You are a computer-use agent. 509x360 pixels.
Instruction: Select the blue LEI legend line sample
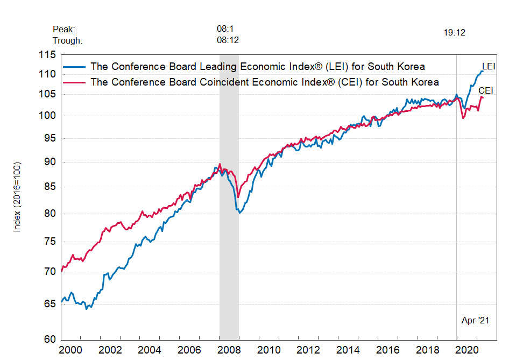[x=75, y=67]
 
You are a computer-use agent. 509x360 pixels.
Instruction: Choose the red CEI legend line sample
[x=75, y=82]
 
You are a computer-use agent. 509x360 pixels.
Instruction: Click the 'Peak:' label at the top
[x=64, y=29]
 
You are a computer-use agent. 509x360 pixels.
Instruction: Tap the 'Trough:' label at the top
[x=68, y=40]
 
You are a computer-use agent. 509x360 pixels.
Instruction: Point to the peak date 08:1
[x=225, y=29]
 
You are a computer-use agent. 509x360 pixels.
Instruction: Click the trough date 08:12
[x=228, y=40]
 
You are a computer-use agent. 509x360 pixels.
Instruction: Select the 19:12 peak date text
[x=454, y=32]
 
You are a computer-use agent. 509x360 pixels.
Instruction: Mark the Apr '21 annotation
[x=476, y=320]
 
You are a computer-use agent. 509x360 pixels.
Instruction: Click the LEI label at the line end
[x=488, y=66]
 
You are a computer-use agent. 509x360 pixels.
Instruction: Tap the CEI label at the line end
[x=486, y=91]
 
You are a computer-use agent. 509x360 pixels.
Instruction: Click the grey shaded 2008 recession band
[x=229, y=242]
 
